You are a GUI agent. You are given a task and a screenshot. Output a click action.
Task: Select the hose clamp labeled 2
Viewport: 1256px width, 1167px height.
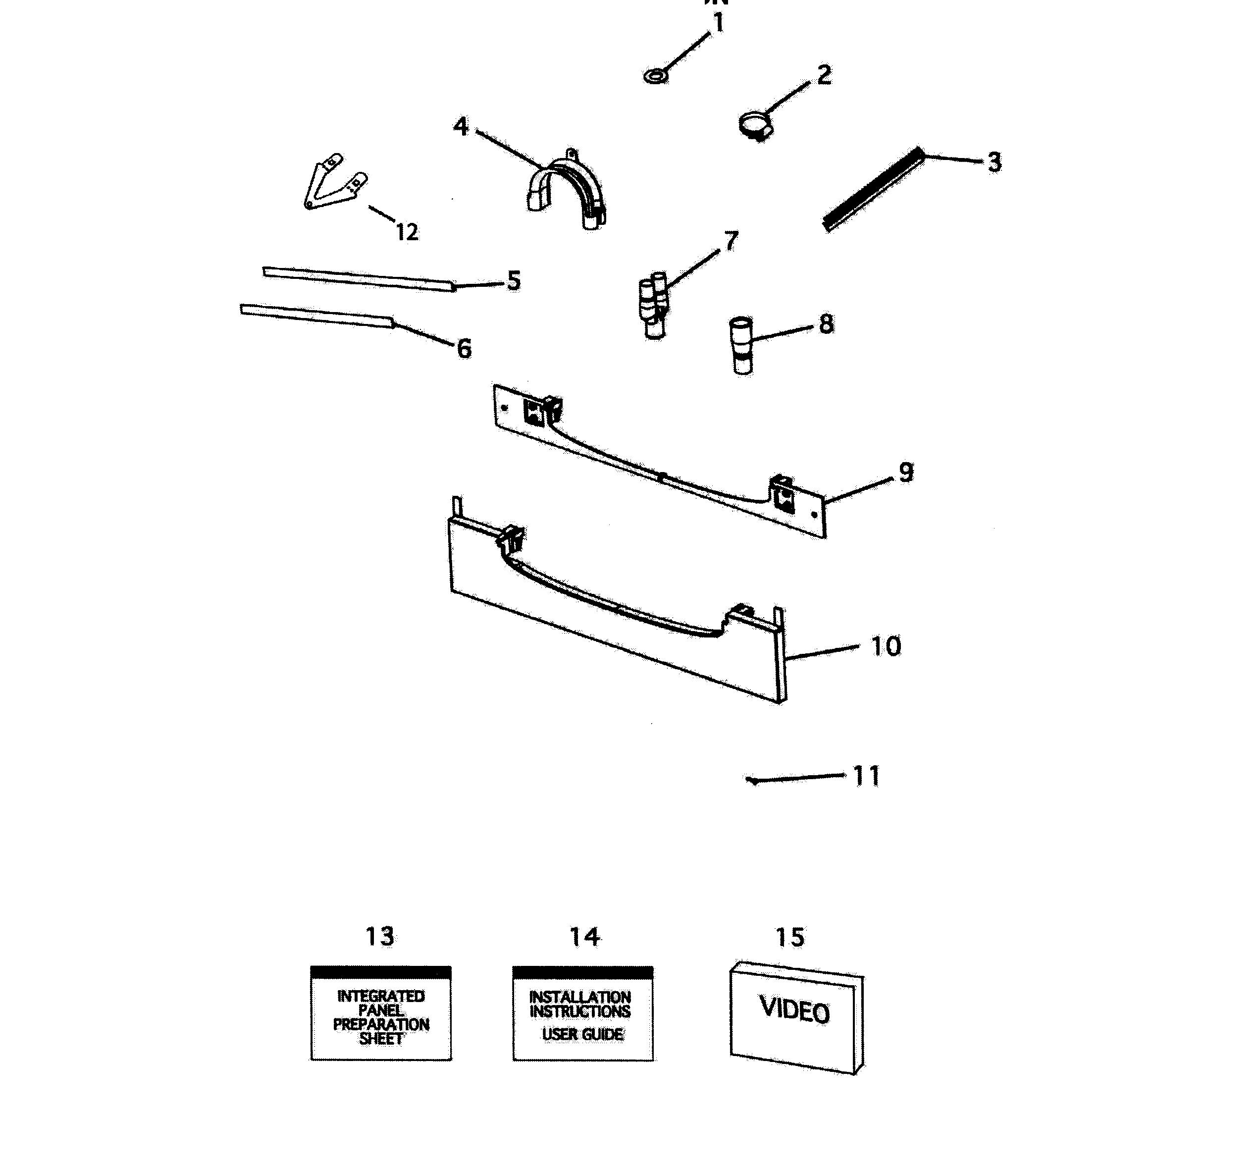click(x=755, y=124)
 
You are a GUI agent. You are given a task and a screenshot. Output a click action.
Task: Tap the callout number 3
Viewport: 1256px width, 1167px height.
click(x=994, y=162)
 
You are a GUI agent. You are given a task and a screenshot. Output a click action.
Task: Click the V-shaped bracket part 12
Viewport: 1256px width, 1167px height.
click(x=333, y=182)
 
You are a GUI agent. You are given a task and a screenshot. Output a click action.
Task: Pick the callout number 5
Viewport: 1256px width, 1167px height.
click(x=514, y=281)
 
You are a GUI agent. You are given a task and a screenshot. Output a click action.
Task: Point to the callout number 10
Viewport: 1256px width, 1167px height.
click(x=886, y=646)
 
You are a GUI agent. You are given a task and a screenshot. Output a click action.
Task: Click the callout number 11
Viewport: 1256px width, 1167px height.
click(x=866, y=776)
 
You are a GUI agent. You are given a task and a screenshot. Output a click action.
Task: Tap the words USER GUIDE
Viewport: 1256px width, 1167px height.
click(x=582, y=1034)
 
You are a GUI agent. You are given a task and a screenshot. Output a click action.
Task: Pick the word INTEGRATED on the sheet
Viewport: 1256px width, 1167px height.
click(x=381, y=997)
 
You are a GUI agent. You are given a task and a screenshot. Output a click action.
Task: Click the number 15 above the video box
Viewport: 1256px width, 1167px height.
click(x=790, y=938)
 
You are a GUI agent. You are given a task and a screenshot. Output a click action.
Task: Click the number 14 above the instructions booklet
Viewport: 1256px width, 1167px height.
click(x=585, y=937)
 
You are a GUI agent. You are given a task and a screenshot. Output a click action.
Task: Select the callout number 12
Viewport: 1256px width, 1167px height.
click(x=407, y=232)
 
